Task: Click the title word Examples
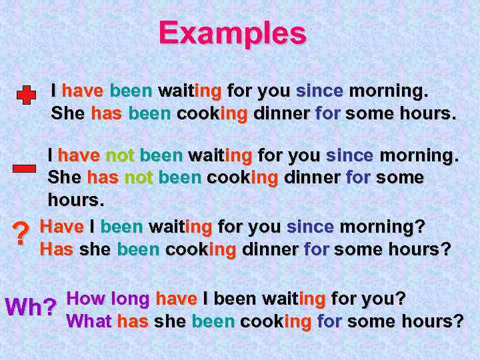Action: [x=233, y=33]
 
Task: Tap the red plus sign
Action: [x=26, y=96]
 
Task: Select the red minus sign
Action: [x=24, y=168]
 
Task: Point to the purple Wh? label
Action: [x=30, y=307]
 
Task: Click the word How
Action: [x=87, y=298]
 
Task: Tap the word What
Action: [x=89, y=321]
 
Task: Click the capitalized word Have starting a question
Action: [x=62, y=227]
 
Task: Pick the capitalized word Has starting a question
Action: [x=57, y=249]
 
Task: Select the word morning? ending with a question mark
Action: [x=382, y=227]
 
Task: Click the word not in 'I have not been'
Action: [x=120, y=156]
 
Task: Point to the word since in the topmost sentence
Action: [x=319, y=90]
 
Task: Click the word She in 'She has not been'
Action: [x=65, y=178]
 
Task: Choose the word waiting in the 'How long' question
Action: [x=293, y=299]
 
